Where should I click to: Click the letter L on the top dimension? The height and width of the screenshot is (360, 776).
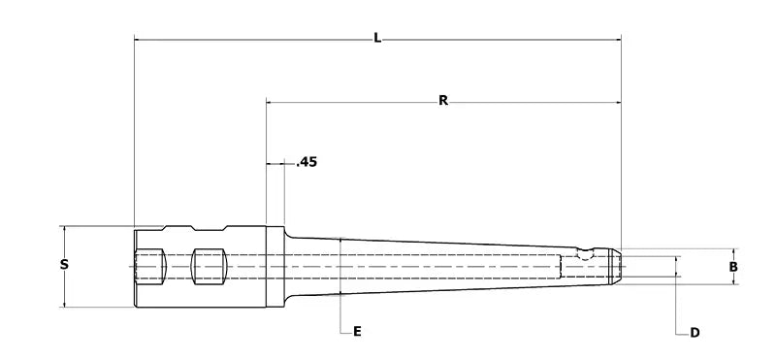pyautogui.click(x=377, y=39)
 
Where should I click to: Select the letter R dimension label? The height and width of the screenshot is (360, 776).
pyautogui.click(x=442, y=100)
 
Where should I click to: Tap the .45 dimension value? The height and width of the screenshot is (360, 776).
pyautogui.click(x=306, y=162)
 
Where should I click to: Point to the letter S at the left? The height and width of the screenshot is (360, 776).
pyautogui.click(x=64, y=265)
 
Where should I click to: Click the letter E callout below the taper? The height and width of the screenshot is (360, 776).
pyautogui.click(x=357, y=332)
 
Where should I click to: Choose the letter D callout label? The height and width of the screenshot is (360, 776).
pyautogui.click(x=695, y=333)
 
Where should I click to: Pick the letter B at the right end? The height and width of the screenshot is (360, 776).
pyautogui.click(x=734, y=265)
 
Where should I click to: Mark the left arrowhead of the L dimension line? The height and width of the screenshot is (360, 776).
pyautogui.click(x=138, y=40)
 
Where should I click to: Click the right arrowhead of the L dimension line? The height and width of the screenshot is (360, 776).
pyautogui.click(x=616, y=40)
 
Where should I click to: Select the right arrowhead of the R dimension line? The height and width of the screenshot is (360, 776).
pyautogui.click(x=616, y=101)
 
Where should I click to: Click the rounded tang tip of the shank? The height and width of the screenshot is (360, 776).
pyautogui.click(x=616, y=265)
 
